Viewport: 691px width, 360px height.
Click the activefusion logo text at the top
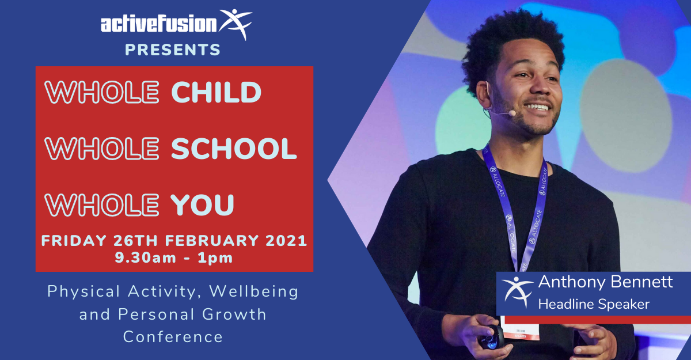click(159, 24)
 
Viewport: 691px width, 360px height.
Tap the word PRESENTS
click(173, 50)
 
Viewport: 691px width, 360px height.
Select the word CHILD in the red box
click(217, 92)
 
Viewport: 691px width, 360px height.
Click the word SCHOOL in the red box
click(234, 149)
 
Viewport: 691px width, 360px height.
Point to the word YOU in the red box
click(202, 205)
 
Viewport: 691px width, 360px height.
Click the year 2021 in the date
click(286, 241)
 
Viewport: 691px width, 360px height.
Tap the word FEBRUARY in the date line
click(212, 241)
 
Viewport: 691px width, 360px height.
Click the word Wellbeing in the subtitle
click(254, 291)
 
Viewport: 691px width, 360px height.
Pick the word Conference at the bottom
click(173, 336)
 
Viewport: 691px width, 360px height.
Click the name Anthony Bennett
click(605, 282)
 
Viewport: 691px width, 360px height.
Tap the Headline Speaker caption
click(594, 304)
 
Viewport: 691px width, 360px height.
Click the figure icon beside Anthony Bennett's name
click(517, 292)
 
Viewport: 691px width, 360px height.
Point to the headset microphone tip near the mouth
click(512, 113)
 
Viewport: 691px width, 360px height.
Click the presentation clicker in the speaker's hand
click(491, 337)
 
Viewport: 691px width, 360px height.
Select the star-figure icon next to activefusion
click(236, 24)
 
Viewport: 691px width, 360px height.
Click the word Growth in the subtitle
click(234, 314)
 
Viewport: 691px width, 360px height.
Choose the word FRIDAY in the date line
click(74, 241)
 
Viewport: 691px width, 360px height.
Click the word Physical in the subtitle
click(83, 292)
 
